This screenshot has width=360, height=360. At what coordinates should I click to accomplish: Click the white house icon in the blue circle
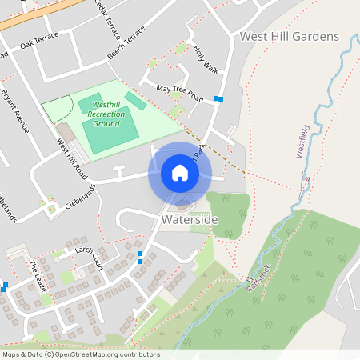coord(180,173)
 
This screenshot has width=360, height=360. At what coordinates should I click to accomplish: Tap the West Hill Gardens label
coord(290,37)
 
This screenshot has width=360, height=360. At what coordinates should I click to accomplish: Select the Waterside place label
coord(189,218)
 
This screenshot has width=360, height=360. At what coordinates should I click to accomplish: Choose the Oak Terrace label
coord(40,41)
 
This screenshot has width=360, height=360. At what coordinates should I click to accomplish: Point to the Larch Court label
coord(89,255)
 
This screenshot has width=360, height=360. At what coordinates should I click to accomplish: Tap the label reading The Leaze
coord(37,276)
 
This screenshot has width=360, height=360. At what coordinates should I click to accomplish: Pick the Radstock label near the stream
coord(258,275)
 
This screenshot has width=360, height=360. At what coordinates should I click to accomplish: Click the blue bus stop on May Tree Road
coord(218,99)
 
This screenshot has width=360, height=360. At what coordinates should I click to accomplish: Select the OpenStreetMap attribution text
coord(80,354)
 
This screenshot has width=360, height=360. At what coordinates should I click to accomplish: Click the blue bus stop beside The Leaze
coord(5,286)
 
